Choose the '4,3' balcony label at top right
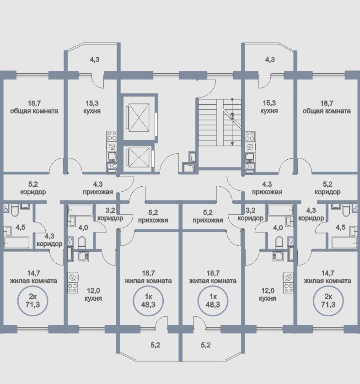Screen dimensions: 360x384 270,59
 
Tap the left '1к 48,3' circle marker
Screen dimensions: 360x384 147,300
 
